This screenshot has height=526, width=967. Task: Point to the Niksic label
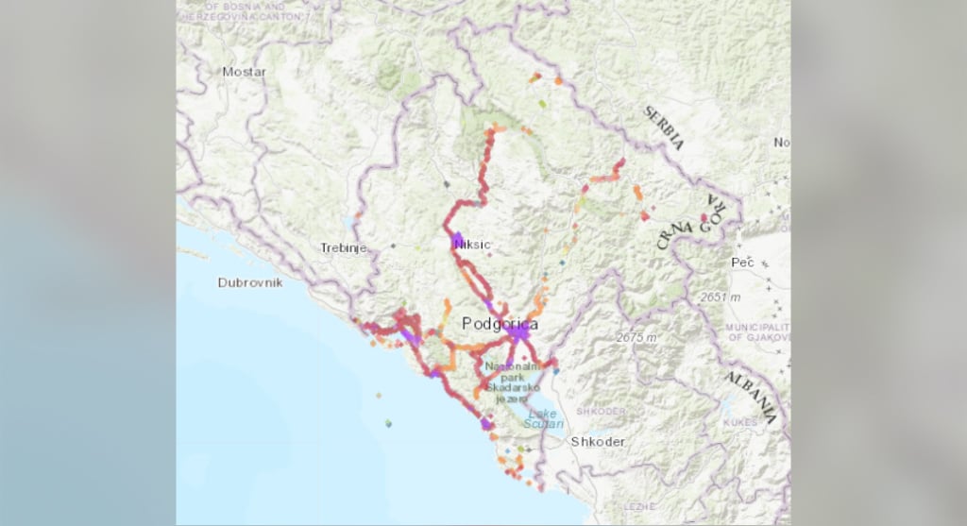click(473, 245)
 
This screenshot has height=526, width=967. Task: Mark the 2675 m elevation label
click(636, 337)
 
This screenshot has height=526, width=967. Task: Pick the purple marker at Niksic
click(457, 240)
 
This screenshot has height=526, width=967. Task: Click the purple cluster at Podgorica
click(517, 333)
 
